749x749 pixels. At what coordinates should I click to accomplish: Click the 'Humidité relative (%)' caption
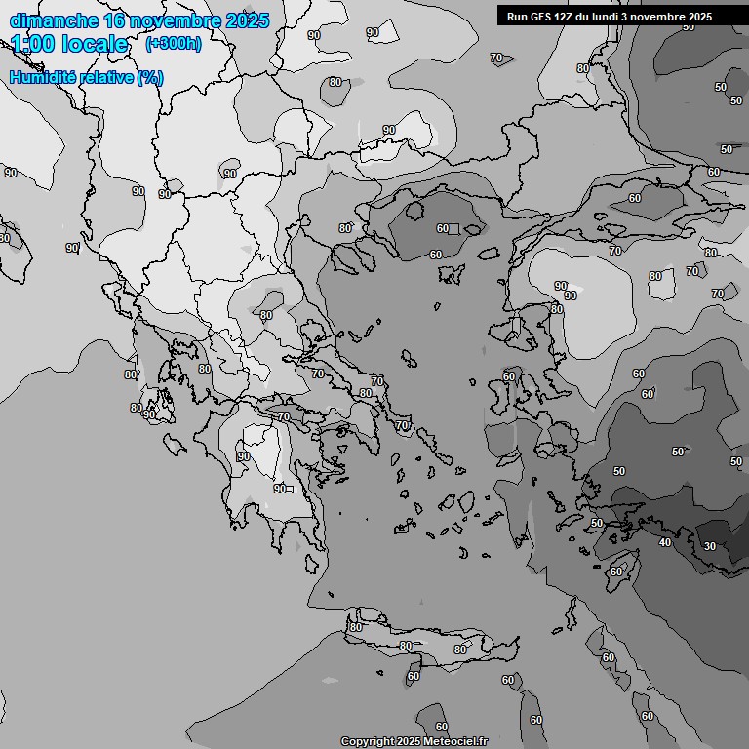pos(87,77)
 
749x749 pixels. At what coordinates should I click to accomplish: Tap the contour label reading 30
pos(709,546)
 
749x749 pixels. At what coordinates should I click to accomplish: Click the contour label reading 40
pos(665,542)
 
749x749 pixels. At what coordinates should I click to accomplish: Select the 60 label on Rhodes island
pos(615,572)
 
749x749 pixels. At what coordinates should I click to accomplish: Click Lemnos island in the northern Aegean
pos(451,274)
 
